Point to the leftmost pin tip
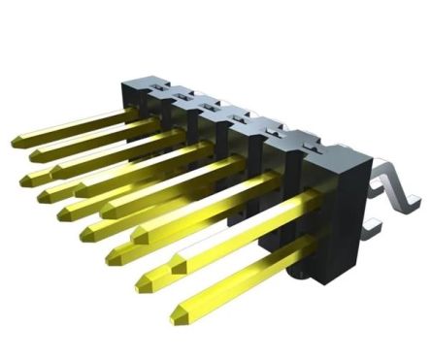17,143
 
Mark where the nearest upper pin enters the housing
313,199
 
